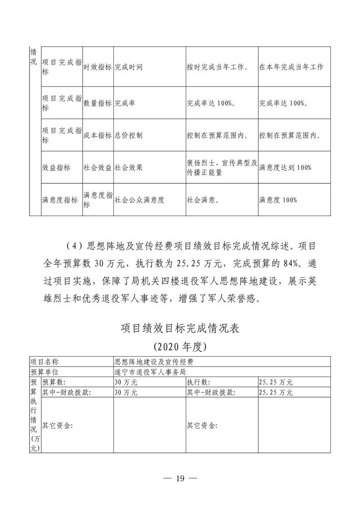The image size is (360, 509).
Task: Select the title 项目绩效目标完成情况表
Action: point(180,328)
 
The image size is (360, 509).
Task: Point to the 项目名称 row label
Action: point(44,362)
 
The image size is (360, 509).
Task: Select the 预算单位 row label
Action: point(44,372)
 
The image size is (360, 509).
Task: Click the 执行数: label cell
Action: point(198,382)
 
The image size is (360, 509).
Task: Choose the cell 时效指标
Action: point(98,67)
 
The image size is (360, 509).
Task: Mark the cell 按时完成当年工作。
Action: point(217,67)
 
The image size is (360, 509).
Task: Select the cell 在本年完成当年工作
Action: point(291,67)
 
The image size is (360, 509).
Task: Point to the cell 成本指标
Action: point(98,135)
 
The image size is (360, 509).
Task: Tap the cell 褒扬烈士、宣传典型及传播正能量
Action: point(222,167)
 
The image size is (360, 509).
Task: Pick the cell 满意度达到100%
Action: point(285,168)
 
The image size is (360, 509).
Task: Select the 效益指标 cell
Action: point(56,168)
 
